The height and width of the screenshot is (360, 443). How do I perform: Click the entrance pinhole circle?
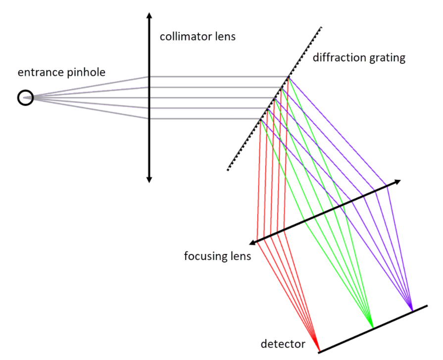[25, 98]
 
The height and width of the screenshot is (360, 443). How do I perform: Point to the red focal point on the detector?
[319, 350]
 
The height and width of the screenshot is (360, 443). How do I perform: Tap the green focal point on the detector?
[371, 327]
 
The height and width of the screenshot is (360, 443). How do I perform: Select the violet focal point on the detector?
[411, 310]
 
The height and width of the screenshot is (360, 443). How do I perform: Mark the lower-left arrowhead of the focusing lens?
[253, 243]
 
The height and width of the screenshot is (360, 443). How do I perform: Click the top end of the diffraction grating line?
[322, 27]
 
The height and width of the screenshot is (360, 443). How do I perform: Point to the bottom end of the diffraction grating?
[228, 170]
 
